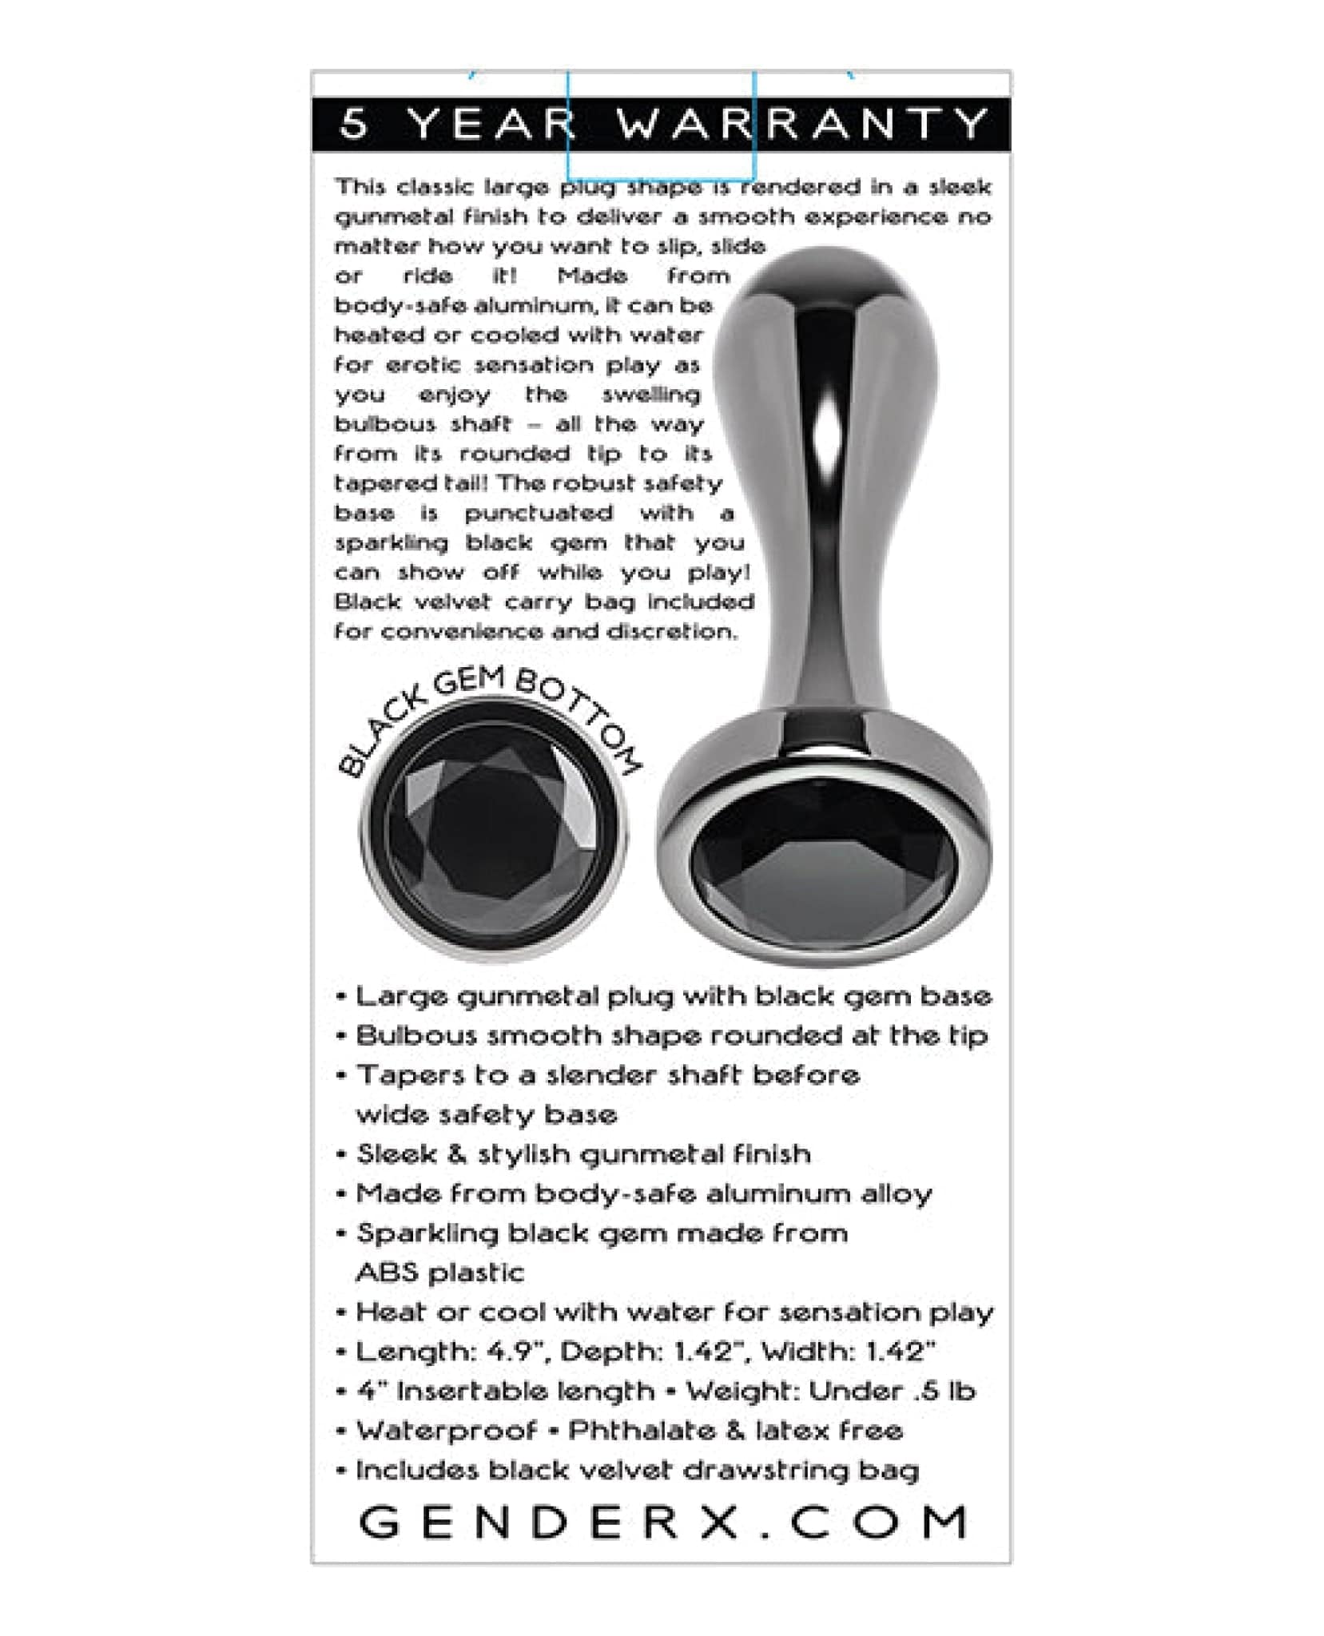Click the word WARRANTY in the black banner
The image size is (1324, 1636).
[x=802, y=124]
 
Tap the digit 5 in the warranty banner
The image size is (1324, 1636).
[x=355, y=124]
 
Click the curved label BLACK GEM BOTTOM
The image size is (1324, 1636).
[x=489, y=713]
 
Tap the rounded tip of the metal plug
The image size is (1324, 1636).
[x=827, y=276]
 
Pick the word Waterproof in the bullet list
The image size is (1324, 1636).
[x=446, y=1430]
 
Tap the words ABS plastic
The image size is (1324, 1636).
[x=440, y=1273]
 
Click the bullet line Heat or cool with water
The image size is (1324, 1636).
[x=674, y=1312]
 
